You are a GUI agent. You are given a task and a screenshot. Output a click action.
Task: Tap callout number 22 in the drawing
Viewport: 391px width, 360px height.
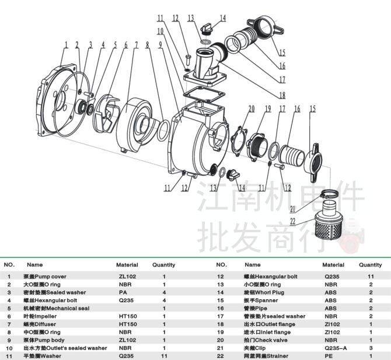(293, 221)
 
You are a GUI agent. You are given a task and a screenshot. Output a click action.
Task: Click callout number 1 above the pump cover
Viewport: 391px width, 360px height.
(66, 44)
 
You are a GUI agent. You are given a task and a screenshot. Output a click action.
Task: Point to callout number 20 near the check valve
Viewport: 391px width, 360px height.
(252, 109)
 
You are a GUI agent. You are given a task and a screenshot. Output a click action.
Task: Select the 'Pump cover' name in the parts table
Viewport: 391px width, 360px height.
(45, 276)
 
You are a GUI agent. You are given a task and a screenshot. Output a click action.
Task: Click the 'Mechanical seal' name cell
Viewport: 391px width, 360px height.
(56, 308)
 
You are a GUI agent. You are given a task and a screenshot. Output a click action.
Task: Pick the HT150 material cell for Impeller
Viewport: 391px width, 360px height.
(127, 316)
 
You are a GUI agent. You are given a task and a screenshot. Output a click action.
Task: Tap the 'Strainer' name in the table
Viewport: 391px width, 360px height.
(266, 356)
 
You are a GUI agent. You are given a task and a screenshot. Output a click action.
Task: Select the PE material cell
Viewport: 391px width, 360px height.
(330, 356)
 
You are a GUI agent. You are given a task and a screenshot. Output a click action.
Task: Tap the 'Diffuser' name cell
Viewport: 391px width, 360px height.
(44, 324)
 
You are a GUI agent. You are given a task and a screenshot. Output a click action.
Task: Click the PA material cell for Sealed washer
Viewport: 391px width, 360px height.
(123, 292)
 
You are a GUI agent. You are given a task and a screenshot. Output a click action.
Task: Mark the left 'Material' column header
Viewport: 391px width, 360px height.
(127, 265)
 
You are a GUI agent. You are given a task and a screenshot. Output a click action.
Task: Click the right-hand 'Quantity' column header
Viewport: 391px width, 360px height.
(370, 265)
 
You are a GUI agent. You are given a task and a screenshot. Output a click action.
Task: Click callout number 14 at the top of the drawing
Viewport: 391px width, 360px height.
(223, 19)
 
